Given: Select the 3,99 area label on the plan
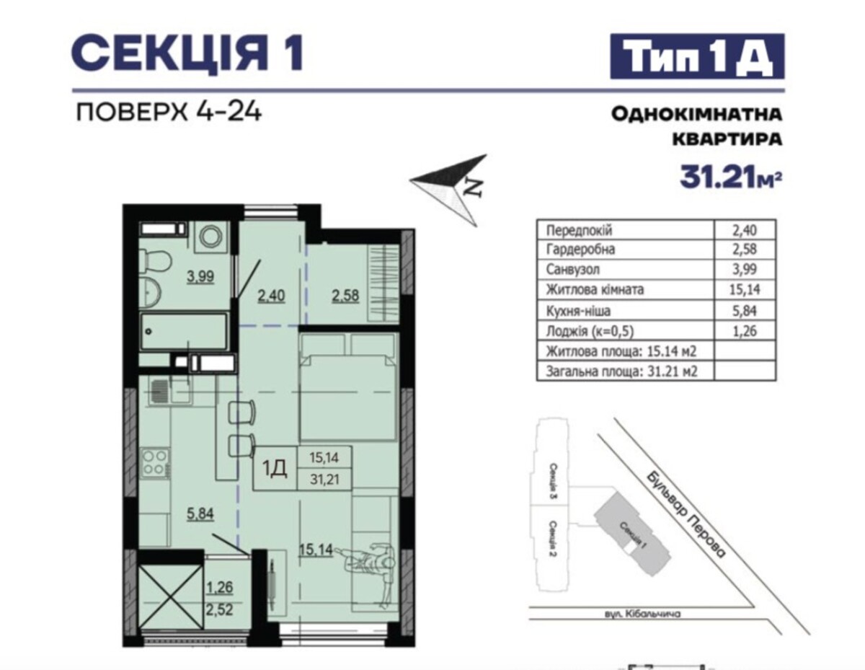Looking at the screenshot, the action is [x=200, y=276].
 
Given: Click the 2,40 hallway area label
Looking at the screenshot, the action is [x=271, y=296].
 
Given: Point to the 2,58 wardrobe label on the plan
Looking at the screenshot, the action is [x=345, y=296].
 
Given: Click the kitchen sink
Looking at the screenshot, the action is [x=169, y=391].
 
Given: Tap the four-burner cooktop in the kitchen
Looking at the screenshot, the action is [x=155, y=463].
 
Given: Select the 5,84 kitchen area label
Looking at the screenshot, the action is [x=200, y=513].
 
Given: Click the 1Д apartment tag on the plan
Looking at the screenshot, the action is [x=275, y=469].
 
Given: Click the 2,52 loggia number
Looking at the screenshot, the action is [x=219, y=609].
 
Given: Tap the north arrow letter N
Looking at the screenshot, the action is [x=474, y=187].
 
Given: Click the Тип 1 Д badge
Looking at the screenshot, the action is [x=697, y=56].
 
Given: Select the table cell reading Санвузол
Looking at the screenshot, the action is [x=573, y=270].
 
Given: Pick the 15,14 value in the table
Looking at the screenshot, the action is [x=745, y=289].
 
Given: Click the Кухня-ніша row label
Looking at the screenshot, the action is [x=578, y=311].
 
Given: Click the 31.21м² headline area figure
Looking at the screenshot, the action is [x=731, y=177].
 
